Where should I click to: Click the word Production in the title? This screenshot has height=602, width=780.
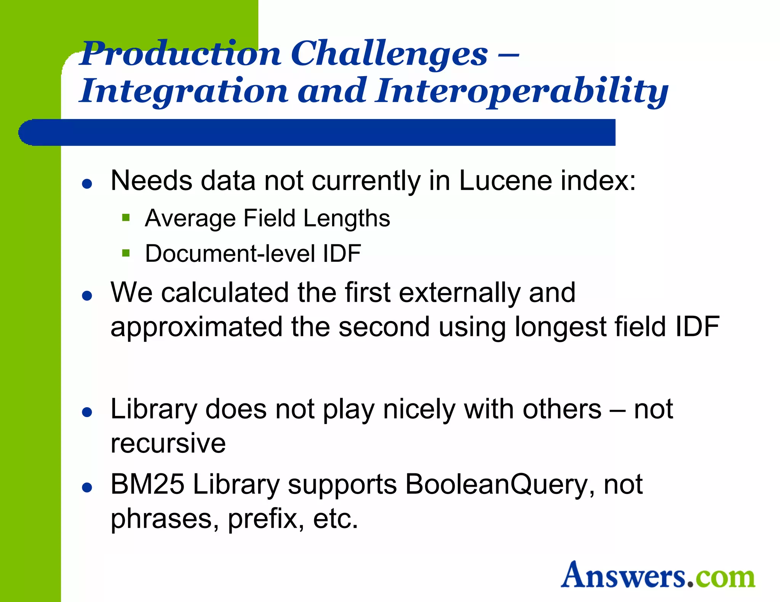[181, 54]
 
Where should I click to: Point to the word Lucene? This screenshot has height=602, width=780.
[505, 180]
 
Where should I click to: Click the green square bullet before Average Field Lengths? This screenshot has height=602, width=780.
[126, 218]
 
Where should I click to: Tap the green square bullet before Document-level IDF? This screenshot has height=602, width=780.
[126, 253]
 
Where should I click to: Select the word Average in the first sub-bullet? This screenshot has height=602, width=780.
[190, 218]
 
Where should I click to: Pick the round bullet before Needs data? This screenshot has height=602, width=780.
[87, 184]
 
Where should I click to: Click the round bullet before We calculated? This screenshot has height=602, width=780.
[87, 296]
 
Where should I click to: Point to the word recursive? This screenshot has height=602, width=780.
[168, 443]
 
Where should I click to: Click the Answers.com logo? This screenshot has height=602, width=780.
[657, 575]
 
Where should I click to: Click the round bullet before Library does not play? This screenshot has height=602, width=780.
[87, 412]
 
